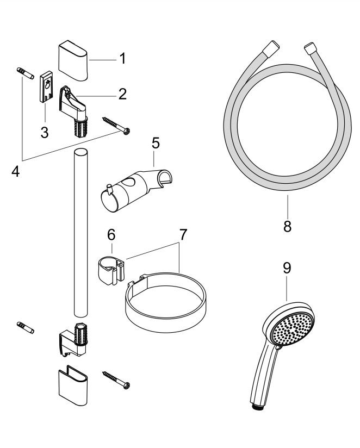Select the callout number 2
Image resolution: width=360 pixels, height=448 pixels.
[x=122, y=94]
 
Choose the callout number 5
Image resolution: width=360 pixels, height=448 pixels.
[x=156, y=145]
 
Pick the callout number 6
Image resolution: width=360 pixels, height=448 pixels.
[x=111, y=234]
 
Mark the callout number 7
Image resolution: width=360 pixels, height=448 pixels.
[x=183, y=235]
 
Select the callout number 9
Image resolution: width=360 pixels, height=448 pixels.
[x=288, y=268]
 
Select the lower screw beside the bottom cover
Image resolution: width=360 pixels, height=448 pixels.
[x=115, y=379]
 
